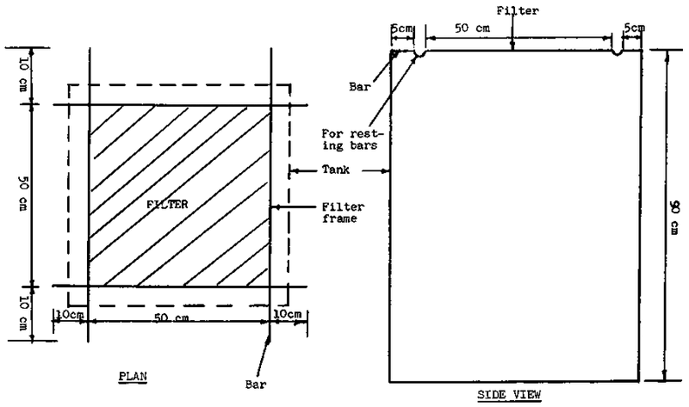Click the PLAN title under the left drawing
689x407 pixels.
point(133,377)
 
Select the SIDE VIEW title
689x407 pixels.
point(509,395)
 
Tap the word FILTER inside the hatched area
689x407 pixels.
point(167,204)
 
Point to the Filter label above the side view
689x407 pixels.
point(518,10)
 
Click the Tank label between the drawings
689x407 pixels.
point(336,170)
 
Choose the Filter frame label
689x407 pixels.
point(343,213)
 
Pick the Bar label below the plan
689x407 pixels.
point(256,385)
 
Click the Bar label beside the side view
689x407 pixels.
point(360,87)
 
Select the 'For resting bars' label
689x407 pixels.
point(353,139)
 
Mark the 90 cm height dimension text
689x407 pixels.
point(673,217)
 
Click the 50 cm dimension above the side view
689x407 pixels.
point(472,28)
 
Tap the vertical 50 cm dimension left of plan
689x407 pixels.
point(23,194)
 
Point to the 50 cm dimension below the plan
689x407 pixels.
point(171,317)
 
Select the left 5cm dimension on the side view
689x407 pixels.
point(402,28)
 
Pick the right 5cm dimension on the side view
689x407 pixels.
point(635,28)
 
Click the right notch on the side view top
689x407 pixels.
point(617,53)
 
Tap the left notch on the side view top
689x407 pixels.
point(420,54)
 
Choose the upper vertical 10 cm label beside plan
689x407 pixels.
point(24,75)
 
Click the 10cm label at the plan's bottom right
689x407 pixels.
point(288,314)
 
